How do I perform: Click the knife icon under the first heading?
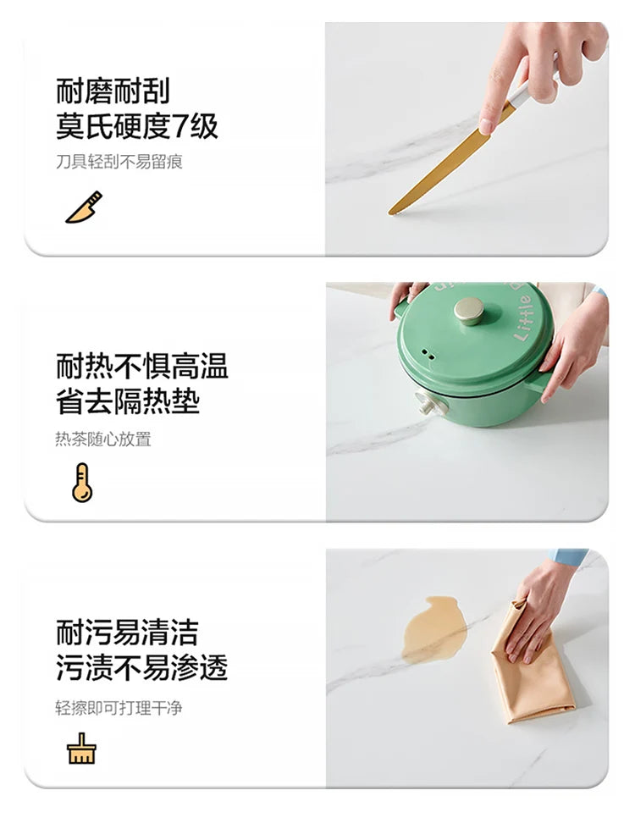coord(84,207)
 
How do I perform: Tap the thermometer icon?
coord(82,483)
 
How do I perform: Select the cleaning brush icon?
coord(81,749)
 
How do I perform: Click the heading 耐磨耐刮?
coord(113,91)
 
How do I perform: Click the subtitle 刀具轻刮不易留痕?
coord(119,162)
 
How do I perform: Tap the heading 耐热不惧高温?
coord(142,365)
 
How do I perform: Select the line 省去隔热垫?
coord(128,401)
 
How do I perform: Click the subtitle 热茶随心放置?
coord(103,439)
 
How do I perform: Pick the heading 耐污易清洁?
coord(127,632)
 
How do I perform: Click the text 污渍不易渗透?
coord(142,667)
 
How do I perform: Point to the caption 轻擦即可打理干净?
coord(119,708)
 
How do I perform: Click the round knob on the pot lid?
coord(468,311)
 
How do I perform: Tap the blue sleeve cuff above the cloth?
coord(569,557)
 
